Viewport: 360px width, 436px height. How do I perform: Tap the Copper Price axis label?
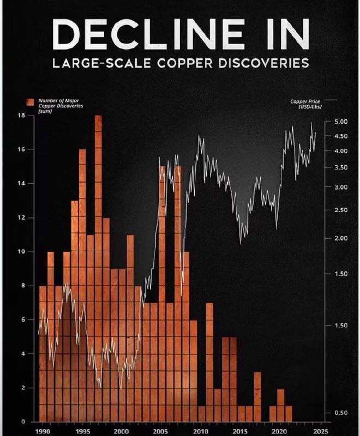(307, 104)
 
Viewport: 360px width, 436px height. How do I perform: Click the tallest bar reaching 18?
(98, 218)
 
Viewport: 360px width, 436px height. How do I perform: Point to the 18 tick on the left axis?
(21, 116)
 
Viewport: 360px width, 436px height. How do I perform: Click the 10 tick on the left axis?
(21, 252)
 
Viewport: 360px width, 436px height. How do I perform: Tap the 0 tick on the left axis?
(23, 422)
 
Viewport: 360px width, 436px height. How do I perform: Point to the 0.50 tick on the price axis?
(340, 413)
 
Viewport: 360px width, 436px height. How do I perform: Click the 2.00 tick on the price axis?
(340, 239)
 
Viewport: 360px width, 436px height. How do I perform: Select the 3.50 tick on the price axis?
(340, 168)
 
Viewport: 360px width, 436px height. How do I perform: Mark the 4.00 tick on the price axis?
(340, 151)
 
